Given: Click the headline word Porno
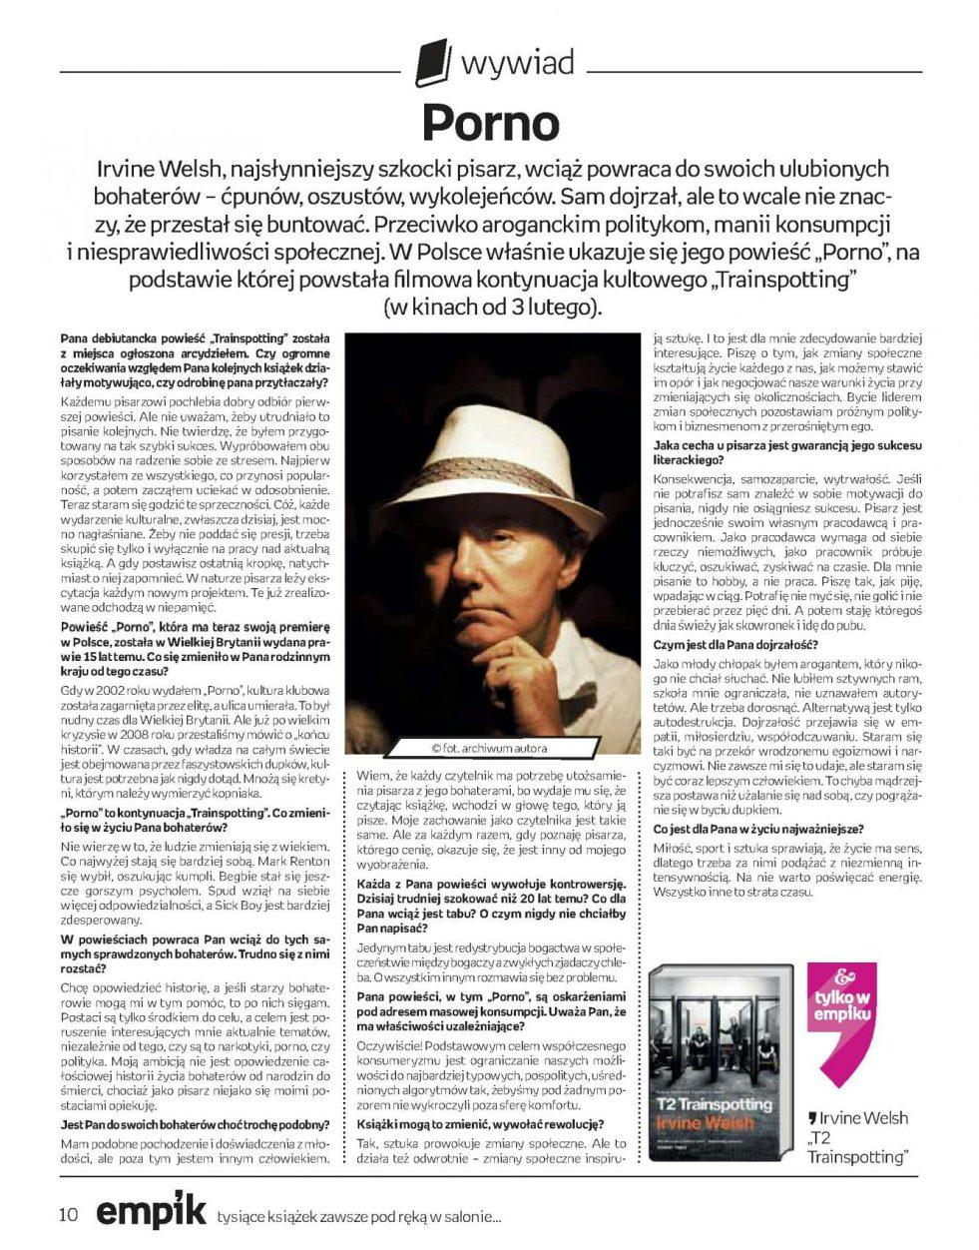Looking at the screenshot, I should (x=489, y=122).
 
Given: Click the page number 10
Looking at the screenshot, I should (x=68, y=1214).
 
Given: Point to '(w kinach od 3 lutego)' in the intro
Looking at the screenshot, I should (x=493, y=307).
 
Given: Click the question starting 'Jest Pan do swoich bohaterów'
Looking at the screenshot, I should (x=195, y=1123).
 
